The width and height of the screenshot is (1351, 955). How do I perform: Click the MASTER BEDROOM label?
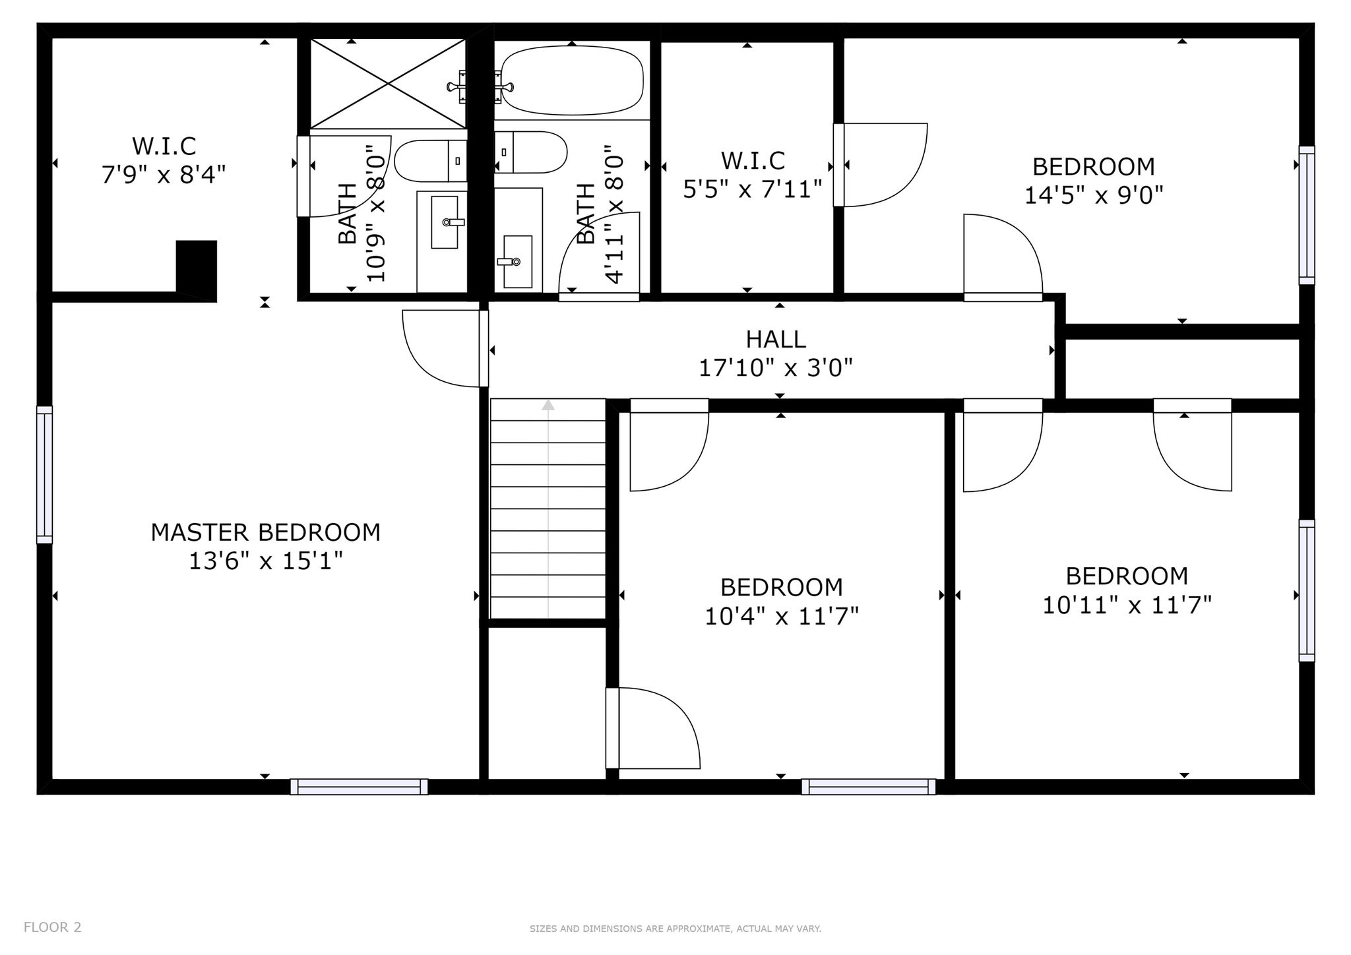coord(265,532)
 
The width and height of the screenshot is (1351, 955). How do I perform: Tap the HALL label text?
coord(776,339)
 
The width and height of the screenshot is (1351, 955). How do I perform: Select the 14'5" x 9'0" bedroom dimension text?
coord(1093,195)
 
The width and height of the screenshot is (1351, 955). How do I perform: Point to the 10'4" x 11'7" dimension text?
coord(782,617)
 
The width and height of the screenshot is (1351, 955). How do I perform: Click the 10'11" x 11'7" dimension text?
coord(1127,605)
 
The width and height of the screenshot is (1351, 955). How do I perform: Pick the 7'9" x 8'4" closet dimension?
coord(164,175)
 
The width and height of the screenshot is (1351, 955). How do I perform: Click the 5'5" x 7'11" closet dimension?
coord(753,190)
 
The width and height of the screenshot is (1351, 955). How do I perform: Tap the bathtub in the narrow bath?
coord(571,79)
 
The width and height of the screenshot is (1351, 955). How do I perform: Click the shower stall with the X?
coord(389,84)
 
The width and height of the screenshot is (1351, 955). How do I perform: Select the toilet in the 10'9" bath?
coord(431,160)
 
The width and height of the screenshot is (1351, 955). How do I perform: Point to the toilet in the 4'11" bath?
coord(530,152)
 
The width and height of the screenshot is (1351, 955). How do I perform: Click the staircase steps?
coord(548,509)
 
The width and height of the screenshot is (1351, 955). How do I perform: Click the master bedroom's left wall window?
coord(44,475)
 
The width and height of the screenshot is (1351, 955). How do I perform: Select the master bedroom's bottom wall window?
coord(359,787)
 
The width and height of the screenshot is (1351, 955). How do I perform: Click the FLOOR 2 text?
coord(53,927)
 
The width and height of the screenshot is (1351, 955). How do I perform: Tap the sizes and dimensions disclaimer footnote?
coord(675,929)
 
